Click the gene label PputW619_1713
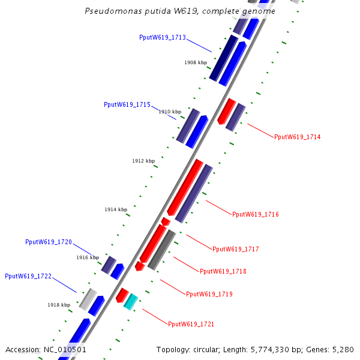tap(163, 37)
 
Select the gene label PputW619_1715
tap(127, 104)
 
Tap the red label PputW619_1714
tap(297, 137)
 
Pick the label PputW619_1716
tap(255, 215)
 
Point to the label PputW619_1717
tap(235, 249)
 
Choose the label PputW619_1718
tap(223, 272)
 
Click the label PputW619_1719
tap(209, 294)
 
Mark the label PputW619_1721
tap(191, 325)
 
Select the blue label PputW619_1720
tap(49, 242)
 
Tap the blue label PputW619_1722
tap(28, 277)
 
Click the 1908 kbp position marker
tap(196, 62)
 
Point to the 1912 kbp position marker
tap(143, 161)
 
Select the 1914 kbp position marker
tap(116, 209)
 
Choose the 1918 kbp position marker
tap(59, 305)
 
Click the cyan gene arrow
tap(131, 301)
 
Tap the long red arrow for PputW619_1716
tap(185, 187)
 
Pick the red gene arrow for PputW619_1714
tap(226, 111)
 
